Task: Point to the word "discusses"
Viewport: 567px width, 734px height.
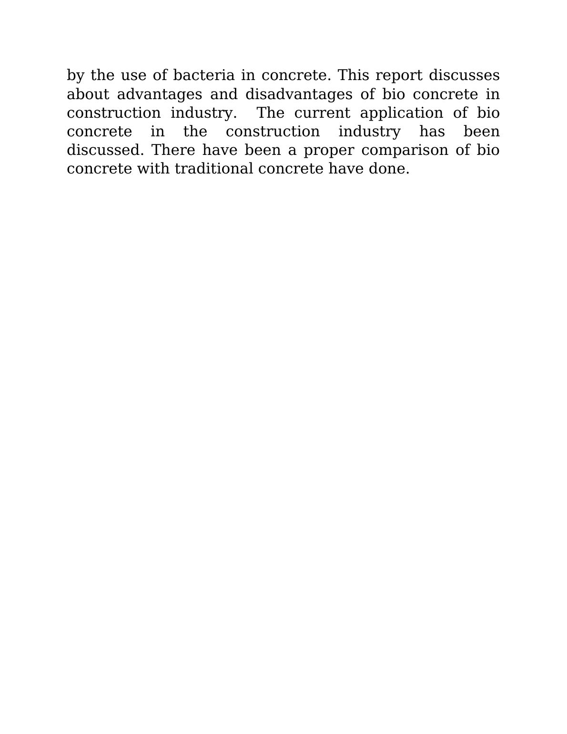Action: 464,75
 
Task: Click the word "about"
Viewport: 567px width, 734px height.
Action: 88,94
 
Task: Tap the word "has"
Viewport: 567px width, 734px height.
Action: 432,132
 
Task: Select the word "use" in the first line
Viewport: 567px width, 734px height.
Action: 133,76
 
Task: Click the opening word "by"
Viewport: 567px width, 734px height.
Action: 75,76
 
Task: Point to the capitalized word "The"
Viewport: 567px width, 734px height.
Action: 270,113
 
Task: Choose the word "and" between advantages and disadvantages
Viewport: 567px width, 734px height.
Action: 223,94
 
